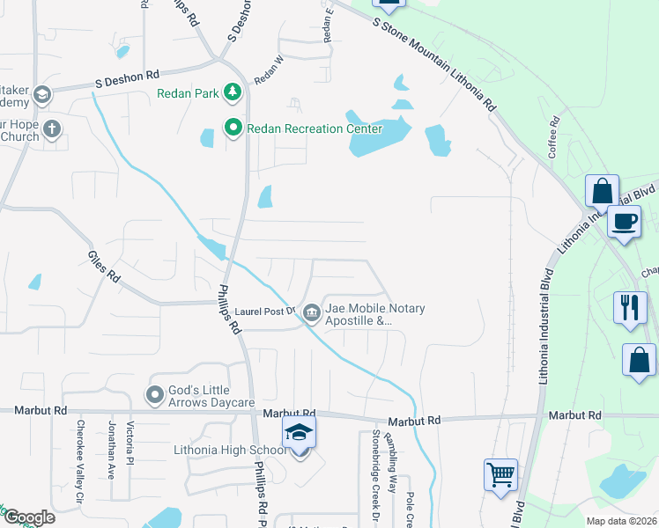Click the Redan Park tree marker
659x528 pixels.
233,92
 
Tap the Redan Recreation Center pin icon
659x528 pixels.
233,128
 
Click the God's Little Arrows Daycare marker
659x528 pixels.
156,395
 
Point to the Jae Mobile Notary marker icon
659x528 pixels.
312,312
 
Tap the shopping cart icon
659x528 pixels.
500,475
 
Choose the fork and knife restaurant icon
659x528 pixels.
630,307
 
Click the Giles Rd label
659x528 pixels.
103,265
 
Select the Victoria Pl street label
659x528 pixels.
130,447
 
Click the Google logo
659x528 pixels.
29,517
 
